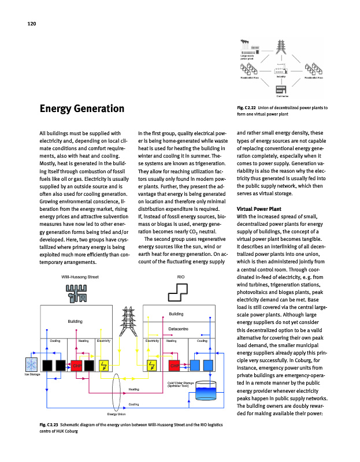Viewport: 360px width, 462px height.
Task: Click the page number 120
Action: coord(31,24)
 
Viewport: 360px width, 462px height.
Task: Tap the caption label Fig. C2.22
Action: coord(248,108)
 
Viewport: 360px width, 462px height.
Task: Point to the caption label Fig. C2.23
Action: coord(50,426)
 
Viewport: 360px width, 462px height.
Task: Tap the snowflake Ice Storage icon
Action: coord(31,364)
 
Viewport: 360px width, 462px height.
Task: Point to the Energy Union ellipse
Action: coord(117,393)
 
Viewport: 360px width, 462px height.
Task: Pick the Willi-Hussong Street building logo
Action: coord(77,293)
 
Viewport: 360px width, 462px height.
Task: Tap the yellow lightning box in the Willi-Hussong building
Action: coord(104,364)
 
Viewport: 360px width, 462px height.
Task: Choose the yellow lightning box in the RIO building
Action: coord(152,364)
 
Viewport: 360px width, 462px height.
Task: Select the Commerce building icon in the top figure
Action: coord(282,90)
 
